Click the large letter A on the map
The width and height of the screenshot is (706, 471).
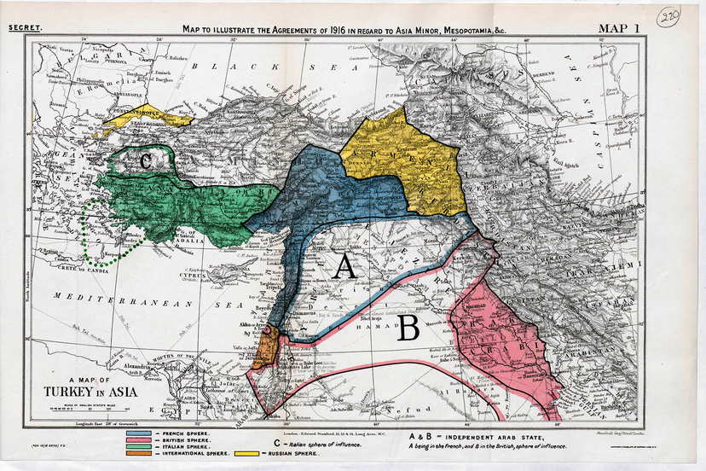344,267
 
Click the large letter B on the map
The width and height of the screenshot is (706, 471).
408,328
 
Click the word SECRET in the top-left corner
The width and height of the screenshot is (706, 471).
25,28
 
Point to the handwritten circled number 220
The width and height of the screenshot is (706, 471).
668,17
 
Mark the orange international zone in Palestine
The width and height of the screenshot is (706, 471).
265,346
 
